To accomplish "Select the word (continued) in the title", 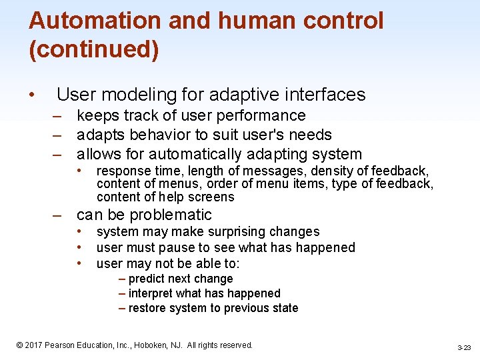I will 93,50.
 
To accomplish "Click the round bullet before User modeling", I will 32,95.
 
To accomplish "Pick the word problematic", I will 171,215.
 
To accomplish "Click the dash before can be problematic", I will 59,215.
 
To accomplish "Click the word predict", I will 147,279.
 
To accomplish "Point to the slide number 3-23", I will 464,347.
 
